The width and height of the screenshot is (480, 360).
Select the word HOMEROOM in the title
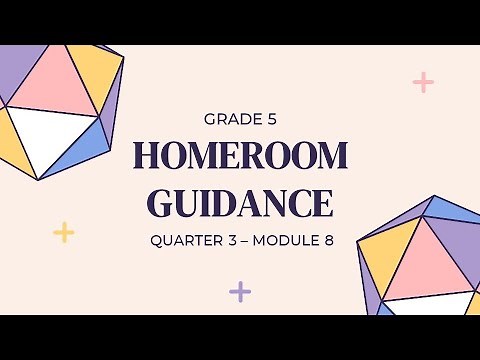[x=240, y=157]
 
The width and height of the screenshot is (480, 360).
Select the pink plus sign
[x=423, y=82]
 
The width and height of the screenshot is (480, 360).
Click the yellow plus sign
[x=64, y=233]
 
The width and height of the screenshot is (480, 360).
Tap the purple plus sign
[x=240, y=292]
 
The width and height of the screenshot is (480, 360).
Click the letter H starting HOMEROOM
[x=146, y=157]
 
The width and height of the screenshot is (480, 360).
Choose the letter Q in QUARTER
[x=156, y=241]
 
